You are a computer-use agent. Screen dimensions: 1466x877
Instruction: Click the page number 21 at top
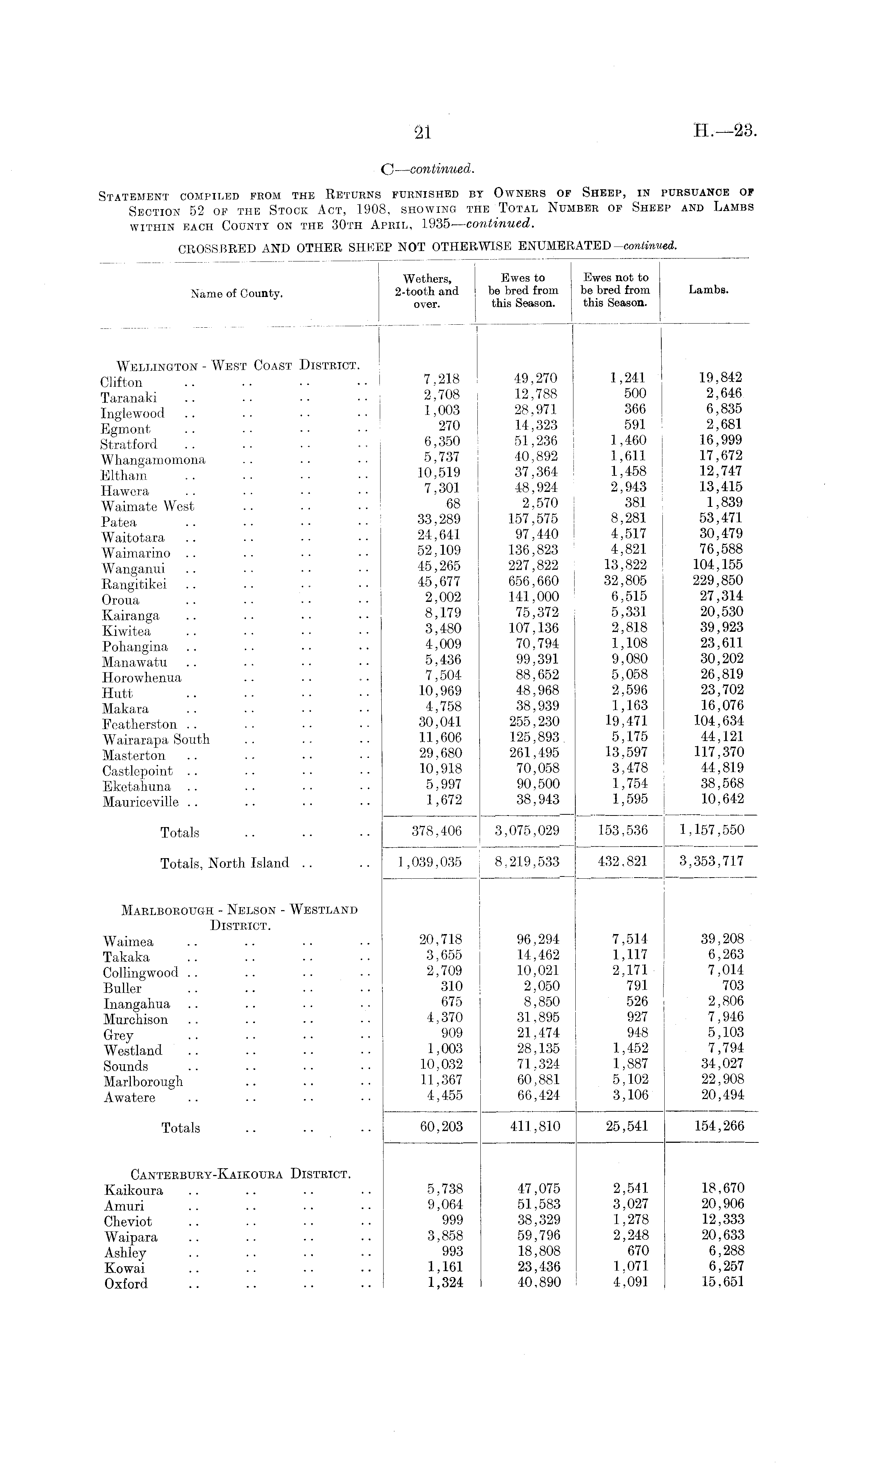point(423,133)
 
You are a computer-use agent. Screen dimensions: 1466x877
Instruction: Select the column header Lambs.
point(708,290)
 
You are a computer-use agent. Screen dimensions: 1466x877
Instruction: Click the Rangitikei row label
point(134,584)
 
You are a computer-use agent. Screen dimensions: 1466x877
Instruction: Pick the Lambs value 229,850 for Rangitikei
point(718,580)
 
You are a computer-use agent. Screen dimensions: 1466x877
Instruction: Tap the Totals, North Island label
point(225,863)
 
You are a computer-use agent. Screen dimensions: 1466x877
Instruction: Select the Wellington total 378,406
point(437,830)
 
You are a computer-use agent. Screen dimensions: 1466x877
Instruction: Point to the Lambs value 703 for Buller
point(733,985)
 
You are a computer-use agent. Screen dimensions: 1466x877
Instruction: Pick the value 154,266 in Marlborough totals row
point(718,1126)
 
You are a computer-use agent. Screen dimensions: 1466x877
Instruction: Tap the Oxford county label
point(126,1284)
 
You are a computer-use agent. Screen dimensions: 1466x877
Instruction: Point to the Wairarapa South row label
point(156,740)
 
